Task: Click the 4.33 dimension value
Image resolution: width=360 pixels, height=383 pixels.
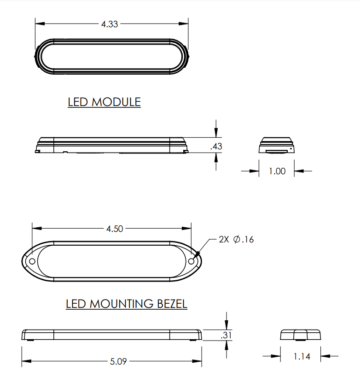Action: point(110,24)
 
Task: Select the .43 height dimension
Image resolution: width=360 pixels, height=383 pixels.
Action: point(216,147)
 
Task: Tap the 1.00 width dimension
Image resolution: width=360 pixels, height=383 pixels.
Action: point(277,171)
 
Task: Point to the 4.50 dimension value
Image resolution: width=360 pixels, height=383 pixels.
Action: point(115,229)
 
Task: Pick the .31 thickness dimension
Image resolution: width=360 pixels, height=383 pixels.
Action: point(226,336)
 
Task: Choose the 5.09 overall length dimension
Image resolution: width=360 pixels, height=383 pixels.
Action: point(118,362)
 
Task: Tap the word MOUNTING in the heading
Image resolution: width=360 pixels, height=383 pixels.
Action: point(122,304)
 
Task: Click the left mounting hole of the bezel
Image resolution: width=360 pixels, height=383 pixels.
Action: point(32,261)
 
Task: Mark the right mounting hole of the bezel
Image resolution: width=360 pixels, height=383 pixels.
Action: point(192,261)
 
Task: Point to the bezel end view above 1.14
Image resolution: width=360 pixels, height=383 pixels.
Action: point(300,335)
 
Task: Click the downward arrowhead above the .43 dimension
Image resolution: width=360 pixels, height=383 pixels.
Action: point(216,134)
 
